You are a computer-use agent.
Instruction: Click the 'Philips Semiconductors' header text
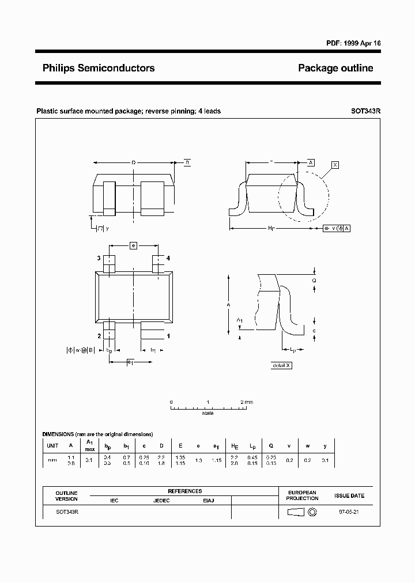point(99,68)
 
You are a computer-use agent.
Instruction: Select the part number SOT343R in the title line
point(365,111)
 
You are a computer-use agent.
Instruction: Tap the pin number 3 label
point(99,258)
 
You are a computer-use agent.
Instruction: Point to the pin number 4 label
point(168,258)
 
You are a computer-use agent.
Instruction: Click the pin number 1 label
point(168,335)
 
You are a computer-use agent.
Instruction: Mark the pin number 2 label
point(99,335)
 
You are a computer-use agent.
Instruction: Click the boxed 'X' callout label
point(335,165)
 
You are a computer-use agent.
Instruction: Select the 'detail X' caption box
point(281,365)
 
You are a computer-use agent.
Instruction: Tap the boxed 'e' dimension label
point(133,246)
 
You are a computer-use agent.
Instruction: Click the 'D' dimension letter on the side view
point(133,163)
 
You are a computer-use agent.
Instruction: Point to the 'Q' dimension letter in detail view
point(314,281)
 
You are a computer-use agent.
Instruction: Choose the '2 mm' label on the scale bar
point(247,402)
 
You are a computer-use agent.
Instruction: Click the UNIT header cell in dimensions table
point(52,445)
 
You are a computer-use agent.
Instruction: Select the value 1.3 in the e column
point(199,460)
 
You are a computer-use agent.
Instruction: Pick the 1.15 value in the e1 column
point(217,460)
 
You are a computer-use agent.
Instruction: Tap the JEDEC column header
point(161,501)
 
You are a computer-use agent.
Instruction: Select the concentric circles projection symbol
point(313,512)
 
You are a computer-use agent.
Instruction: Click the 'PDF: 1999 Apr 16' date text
point(349,44)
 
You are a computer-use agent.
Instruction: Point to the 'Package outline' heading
point(335,68)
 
